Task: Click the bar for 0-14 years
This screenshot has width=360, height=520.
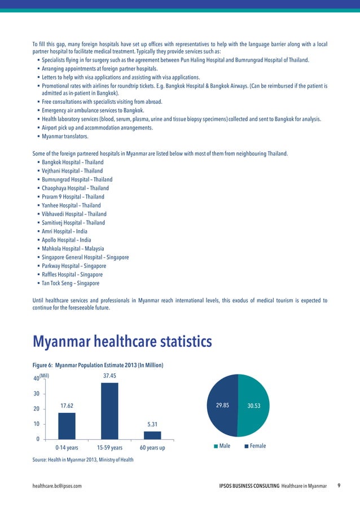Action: [x=67, y=426]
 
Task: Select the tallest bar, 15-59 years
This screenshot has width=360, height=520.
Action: [x=109, y=411]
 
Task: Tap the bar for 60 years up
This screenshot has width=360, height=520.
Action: [x=152, y=435]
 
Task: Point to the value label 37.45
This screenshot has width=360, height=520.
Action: [x=109, y=375]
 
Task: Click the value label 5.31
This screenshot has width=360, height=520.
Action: [x=152, y=424]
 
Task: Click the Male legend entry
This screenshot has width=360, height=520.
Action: [x=226, y=446]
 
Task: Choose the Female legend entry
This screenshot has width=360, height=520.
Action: [x=254, y=446]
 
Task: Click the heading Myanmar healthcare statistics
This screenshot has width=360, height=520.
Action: [x=122, y=342]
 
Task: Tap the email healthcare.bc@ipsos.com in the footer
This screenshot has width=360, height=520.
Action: [x=58, y=486]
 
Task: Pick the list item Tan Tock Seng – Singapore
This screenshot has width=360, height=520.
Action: [x=70, y=283]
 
